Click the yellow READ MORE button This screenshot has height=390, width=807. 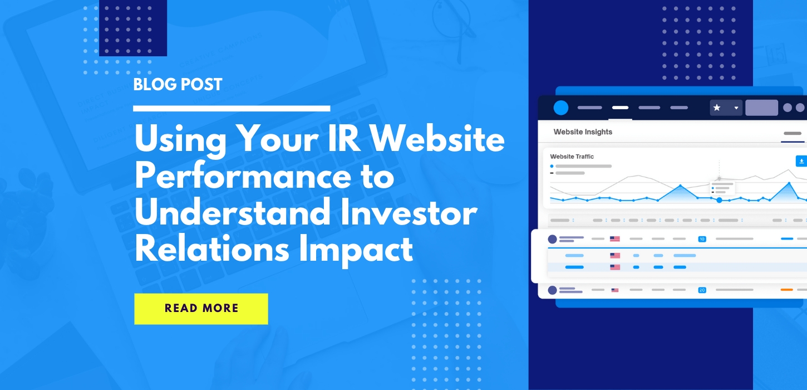coord(201,309)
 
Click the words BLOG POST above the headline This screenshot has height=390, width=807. coord(178,85)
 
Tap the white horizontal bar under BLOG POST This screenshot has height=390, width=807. coord(232,108)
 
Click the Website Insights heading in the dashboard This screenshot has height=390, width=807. coord(583,132)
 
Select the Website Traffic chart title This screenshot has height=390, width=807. coord(572,157)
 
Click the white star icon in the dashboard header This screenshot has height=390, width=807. coord(717,108)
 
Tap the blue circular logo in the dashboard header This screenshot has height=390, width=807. coord(561,108)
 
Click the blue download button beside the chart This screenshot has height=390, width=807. coord(801,161)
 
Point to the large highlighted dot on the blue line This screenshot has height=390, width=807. coord(719,199)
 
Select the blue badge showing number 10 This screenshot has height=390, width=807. coord(702,239)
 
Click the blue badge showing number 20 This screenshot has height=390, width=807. coord(702,290)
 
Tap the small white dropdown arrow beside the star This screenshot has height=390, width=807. coord(736,108)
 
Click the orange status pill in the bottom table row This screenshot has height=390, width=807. coord(786,290)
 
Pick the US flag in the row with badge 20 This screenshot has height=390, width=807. coord(615,290)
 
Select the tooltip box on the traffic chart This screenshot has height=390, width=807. coord(722,188)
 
